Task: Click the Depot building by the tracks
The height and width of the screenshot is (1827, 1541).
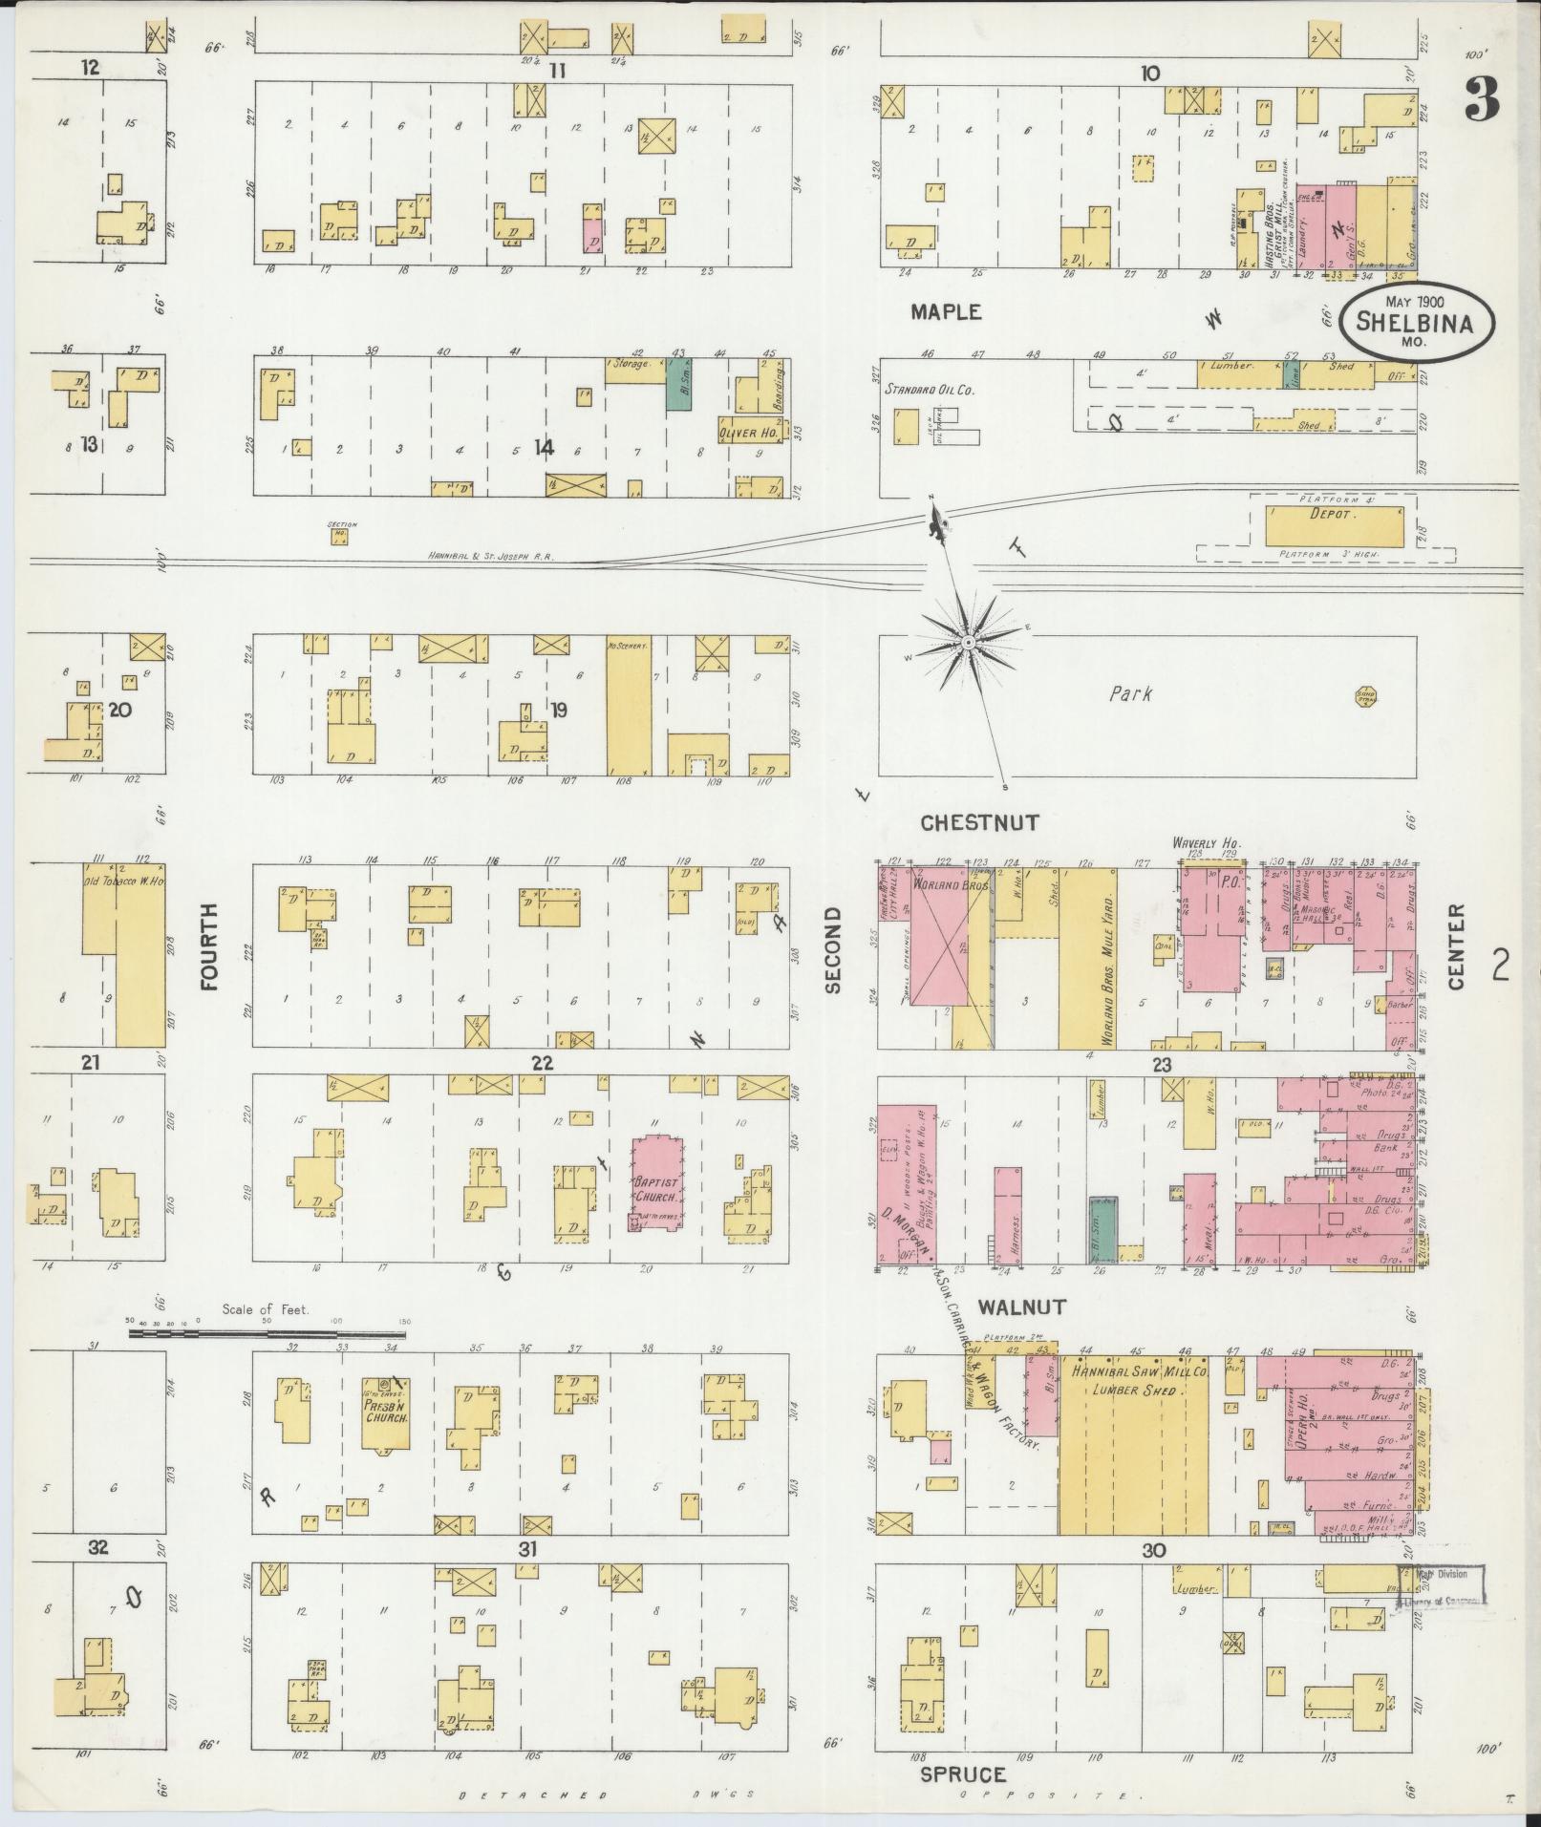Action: tap(1335, 526)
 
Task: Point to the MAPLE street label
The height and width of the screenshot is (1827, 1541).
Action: tap(945, 312)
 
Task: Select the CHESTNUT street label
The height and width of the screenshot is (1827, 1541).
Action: tap(979, 822)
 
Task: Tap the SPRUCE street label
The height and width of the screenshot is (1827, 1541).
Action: tap(963, 1774)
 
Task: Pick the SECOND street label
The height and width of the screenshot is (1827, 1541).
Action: tap(833, 949)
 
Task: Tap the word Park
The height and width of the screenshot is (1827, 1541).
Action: tap(1130, 694)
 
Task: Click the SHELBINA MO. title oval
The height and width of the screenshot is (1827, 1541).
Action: tap(1409, 322)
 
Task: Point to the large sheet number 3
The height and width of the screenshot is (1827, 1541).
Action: tap(1482, 98)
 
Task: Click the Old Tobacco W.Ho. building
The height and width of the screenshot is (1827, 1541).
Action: tap(139, 960)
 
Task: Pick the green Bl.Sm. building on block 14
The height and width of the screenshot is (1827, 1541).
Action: tap(678, 385)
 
